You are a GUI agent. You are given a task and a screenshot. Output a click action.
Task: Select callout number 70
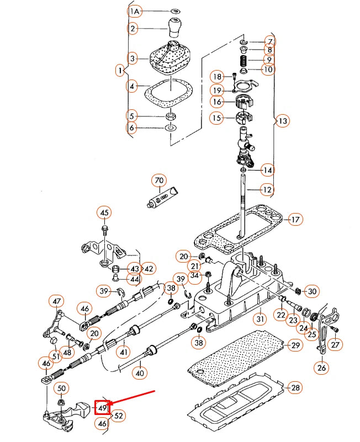(x=159, y=180)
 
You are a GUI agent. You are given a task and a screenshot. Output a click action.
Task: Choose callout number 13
(x=282, y=121)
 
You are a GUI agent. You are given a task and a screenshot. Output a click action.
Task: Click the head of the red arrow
(x=110, y=405)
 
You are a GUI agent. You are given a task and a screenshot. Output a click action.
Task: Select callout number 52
(x=118, y=416)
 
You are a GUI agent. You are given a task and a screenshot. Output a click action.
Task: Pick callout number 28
(x=295, y=388)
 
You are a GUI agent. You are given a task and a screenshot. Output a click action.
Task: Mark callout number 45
(x=104, y=213)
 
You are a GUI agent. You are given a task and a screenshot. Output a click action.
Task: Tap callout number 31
(x=260, y=318)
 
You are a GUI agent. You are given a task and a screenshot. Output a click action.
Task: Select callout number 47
(x=57, y=301)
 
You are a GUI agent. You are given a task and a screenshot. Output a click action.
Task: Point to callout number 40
(x=140, y=372)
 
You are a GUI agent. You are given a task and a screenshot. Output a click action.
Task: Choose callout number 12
(x=267, y=190)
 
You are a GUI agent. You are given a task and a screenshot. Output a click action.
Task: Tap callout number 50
(x=61, y=388)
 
